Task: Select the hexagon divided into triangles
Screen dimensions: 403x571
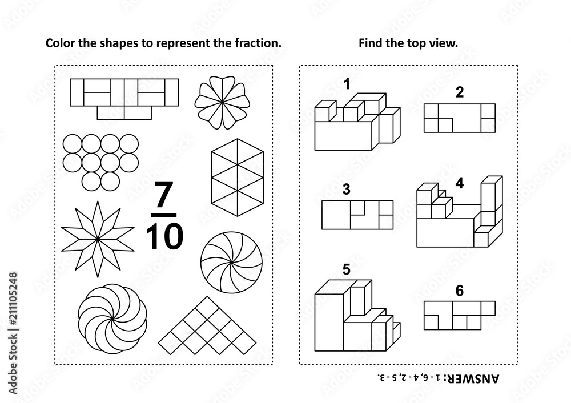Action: pyautogui.click(x=237, y=178)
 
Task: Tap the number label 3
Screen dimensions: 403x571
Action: pyautogui.click(x=347, y=190)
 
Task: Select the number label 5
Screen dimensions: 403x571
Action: pyautogui.click(x=347, y=269)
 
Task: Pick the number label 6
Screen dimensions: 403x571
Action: pyautogui.click(x=460, y=291)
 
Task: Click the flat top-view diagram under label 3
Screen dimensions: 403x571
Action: pyautogui.click(x=357, y=215)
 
